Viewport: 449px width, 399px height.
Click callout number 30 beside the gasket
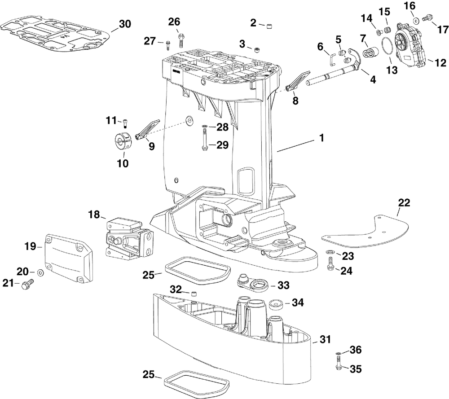click(x=125, y=24)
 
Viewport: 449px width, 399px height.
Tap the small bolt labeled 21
click(x=28, y=284)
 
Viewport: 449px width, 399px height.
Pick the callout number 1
click(x=321, y=138)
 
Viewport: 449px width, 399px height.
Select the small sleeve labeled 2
click(x=269, y=26)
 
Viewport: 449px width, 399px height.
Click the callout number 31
click(x=325, y=339)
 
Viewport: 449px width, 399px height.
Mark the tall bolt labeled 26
click(x=181, y=40)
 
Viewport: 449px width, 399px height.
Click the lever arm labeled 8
click(x=298, y=82)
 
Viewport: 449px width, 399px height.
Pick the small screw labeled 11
click(x=125, y=123)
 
